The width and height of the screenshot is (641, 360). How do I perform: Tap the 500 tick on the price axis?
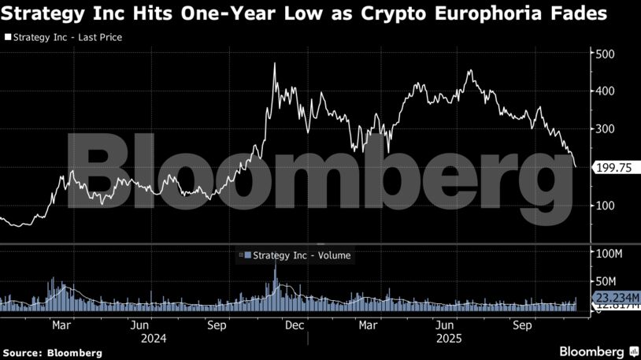[604, 54]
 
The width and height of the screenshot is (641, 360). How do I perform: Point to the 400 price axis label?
[604, 91]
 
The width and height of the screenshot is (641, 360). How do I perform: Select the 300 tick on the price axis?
[604, 129]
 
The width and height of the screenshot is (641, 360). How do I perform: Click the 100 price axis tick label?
[604, 206]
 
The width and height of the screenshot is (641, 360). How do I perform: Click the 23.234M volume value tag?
[619, 296]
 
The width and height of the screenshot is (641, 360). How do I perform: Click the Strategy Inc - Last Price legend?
[64, 37]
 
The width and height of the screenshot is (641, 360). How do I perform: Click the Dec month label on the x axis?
[295, 324]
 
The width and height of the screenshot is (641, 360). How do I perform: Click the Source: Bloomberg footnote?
[52, 353]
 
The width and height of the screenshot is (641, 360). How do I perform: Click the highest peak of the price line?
[274, 64]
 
